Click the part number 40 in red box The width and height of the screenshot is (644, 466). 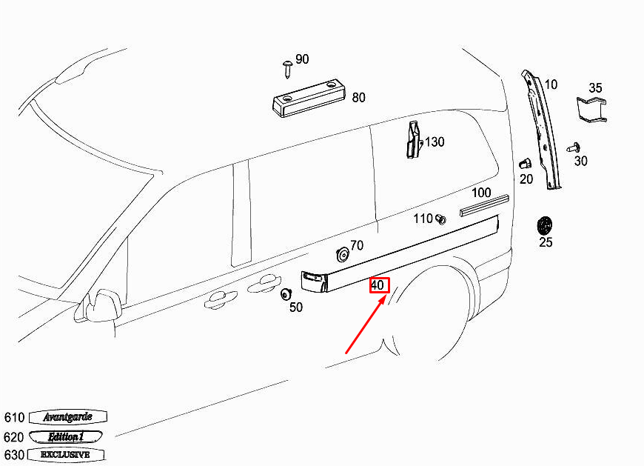point(378,284)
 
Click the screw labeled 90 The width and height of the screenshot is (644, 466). point(287,69)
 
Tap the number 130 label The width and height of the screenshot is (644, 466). point(435,142)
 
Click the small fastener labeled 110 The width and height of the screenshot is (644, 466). point(440,219)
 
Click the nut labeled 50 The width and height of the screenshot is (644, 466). point(286,294)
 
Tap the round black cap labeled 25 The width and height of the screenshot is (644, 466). point(546,224)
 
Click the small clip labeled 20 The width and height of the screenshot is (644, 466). point(524,164)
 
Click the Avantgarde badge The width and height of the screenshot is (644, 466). point(68,417)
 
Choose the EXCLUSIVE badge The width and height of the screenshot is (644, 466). point(66,454)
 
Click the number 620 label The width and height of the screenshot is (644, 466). point(14,437)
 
